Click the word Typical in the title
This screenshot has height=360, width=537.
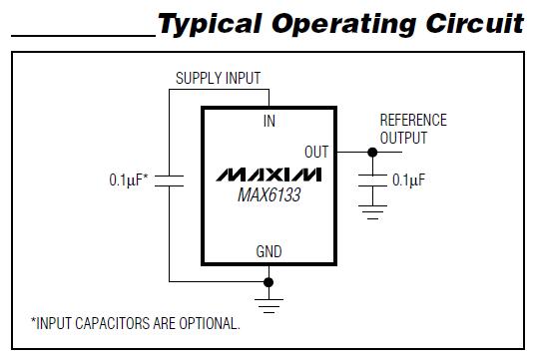(214, 23)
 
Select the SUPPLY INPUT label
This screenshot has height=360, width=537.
(221, 78)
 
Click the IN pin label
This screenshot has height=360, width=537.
(269, 121)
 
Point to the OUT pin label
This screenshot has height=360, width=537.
(316, 153)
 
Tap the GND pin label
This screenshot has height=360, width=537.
(269, 253)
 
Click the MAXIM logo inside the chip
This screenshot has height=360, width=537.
(269, 176)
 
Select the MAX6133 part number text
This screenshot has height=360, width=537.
(268, 195)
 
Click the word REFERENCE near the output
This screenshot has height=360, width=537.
(413, 121)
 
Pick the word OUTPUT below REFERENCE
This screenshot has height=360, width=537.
(403, 138)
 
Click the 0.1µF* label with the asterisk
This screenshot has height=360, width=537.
(129, 180)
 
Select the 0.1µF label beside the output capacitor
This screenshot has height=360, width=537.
(409, 180)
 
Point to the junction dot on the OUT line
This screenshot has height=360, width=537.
(372, 153)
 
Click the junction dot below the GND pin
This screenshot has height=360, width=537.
(268, 282)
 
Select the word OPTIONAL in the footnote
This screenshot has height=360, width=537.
(207, 323)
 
